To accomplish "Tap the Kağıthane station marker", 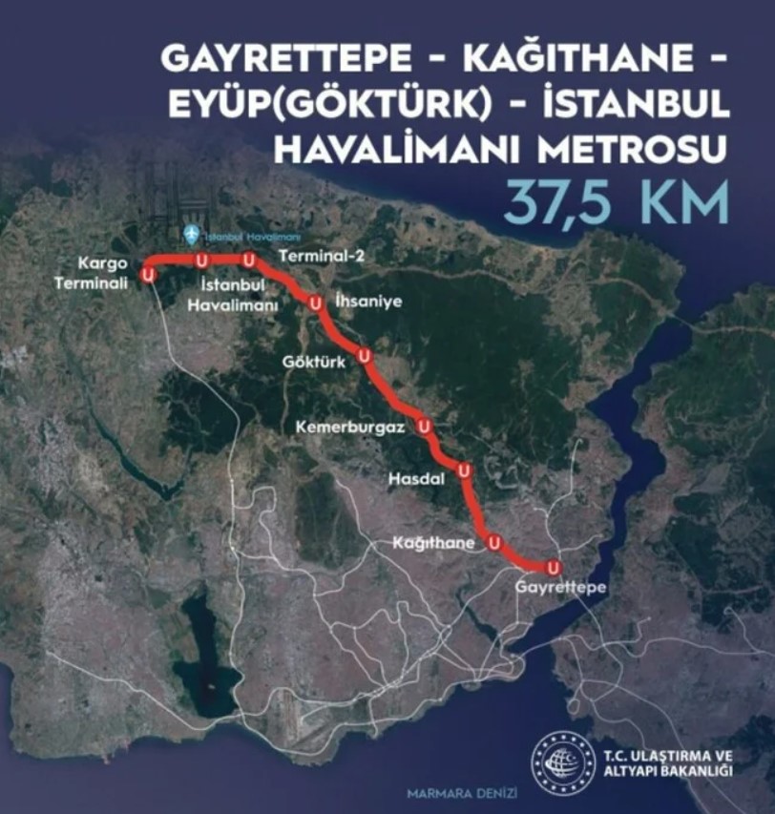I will click(494, 543).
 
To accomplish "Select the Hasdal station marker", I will click(464, 470).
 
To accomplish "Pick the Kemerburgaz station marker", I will click(424, 427).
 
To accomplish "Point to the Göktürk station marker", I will click(364, 356).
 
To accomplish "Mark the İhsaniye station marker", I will click(315, 303).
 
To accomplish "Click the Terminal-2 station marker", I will click(248, 260).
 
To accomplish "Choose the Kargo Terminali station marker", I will click(148, 275).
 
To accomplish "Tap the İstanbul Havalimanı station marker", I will click(200, 260).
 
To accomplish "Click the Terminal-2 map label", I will click(308, 256).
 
